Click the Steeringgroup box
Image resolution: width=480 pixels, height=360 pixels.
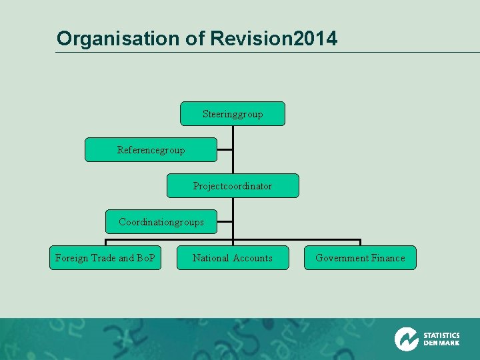(233, 114)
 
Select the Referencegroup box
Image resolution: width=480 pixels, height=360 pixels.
(151, 150)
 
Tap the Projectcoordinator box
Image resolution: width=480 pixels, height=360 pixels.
(233, 186)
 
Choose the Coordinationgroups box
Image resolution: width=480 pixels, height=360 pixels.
(161, 222)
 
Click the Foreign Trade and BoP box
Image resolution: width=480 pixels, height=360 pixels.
(105, 258)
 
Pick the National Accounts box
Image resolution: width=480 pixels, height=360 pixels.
(233, 258)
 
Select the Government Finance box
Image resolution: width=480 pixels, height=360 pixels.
(360, 258)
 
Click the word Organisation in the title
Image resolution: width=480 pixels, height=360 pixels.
(118, 39)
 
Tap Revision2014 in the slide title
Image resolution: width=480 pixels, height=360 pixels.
(273, 39)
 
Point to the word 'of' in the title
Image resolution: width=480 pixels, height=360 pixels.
(195, 39)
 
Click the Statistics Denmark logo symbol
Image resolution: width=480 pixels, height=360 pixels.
(406, 339)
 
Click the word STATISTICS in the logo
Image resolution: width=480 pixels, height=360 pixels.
(441, 335)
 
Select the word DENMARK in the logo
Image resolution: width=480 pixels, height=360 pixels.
(441, 343)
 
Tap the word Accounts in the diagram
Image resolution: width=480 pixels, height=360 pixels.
(253, 258)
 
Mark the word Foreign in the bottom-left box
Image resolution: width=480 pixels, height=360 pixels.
(72, 258)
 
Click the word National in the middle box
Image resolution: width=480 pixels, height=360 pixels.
(211, 258)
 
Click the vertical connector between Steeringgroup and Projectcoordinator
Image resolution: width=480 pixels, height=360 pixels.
(233, 150)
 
